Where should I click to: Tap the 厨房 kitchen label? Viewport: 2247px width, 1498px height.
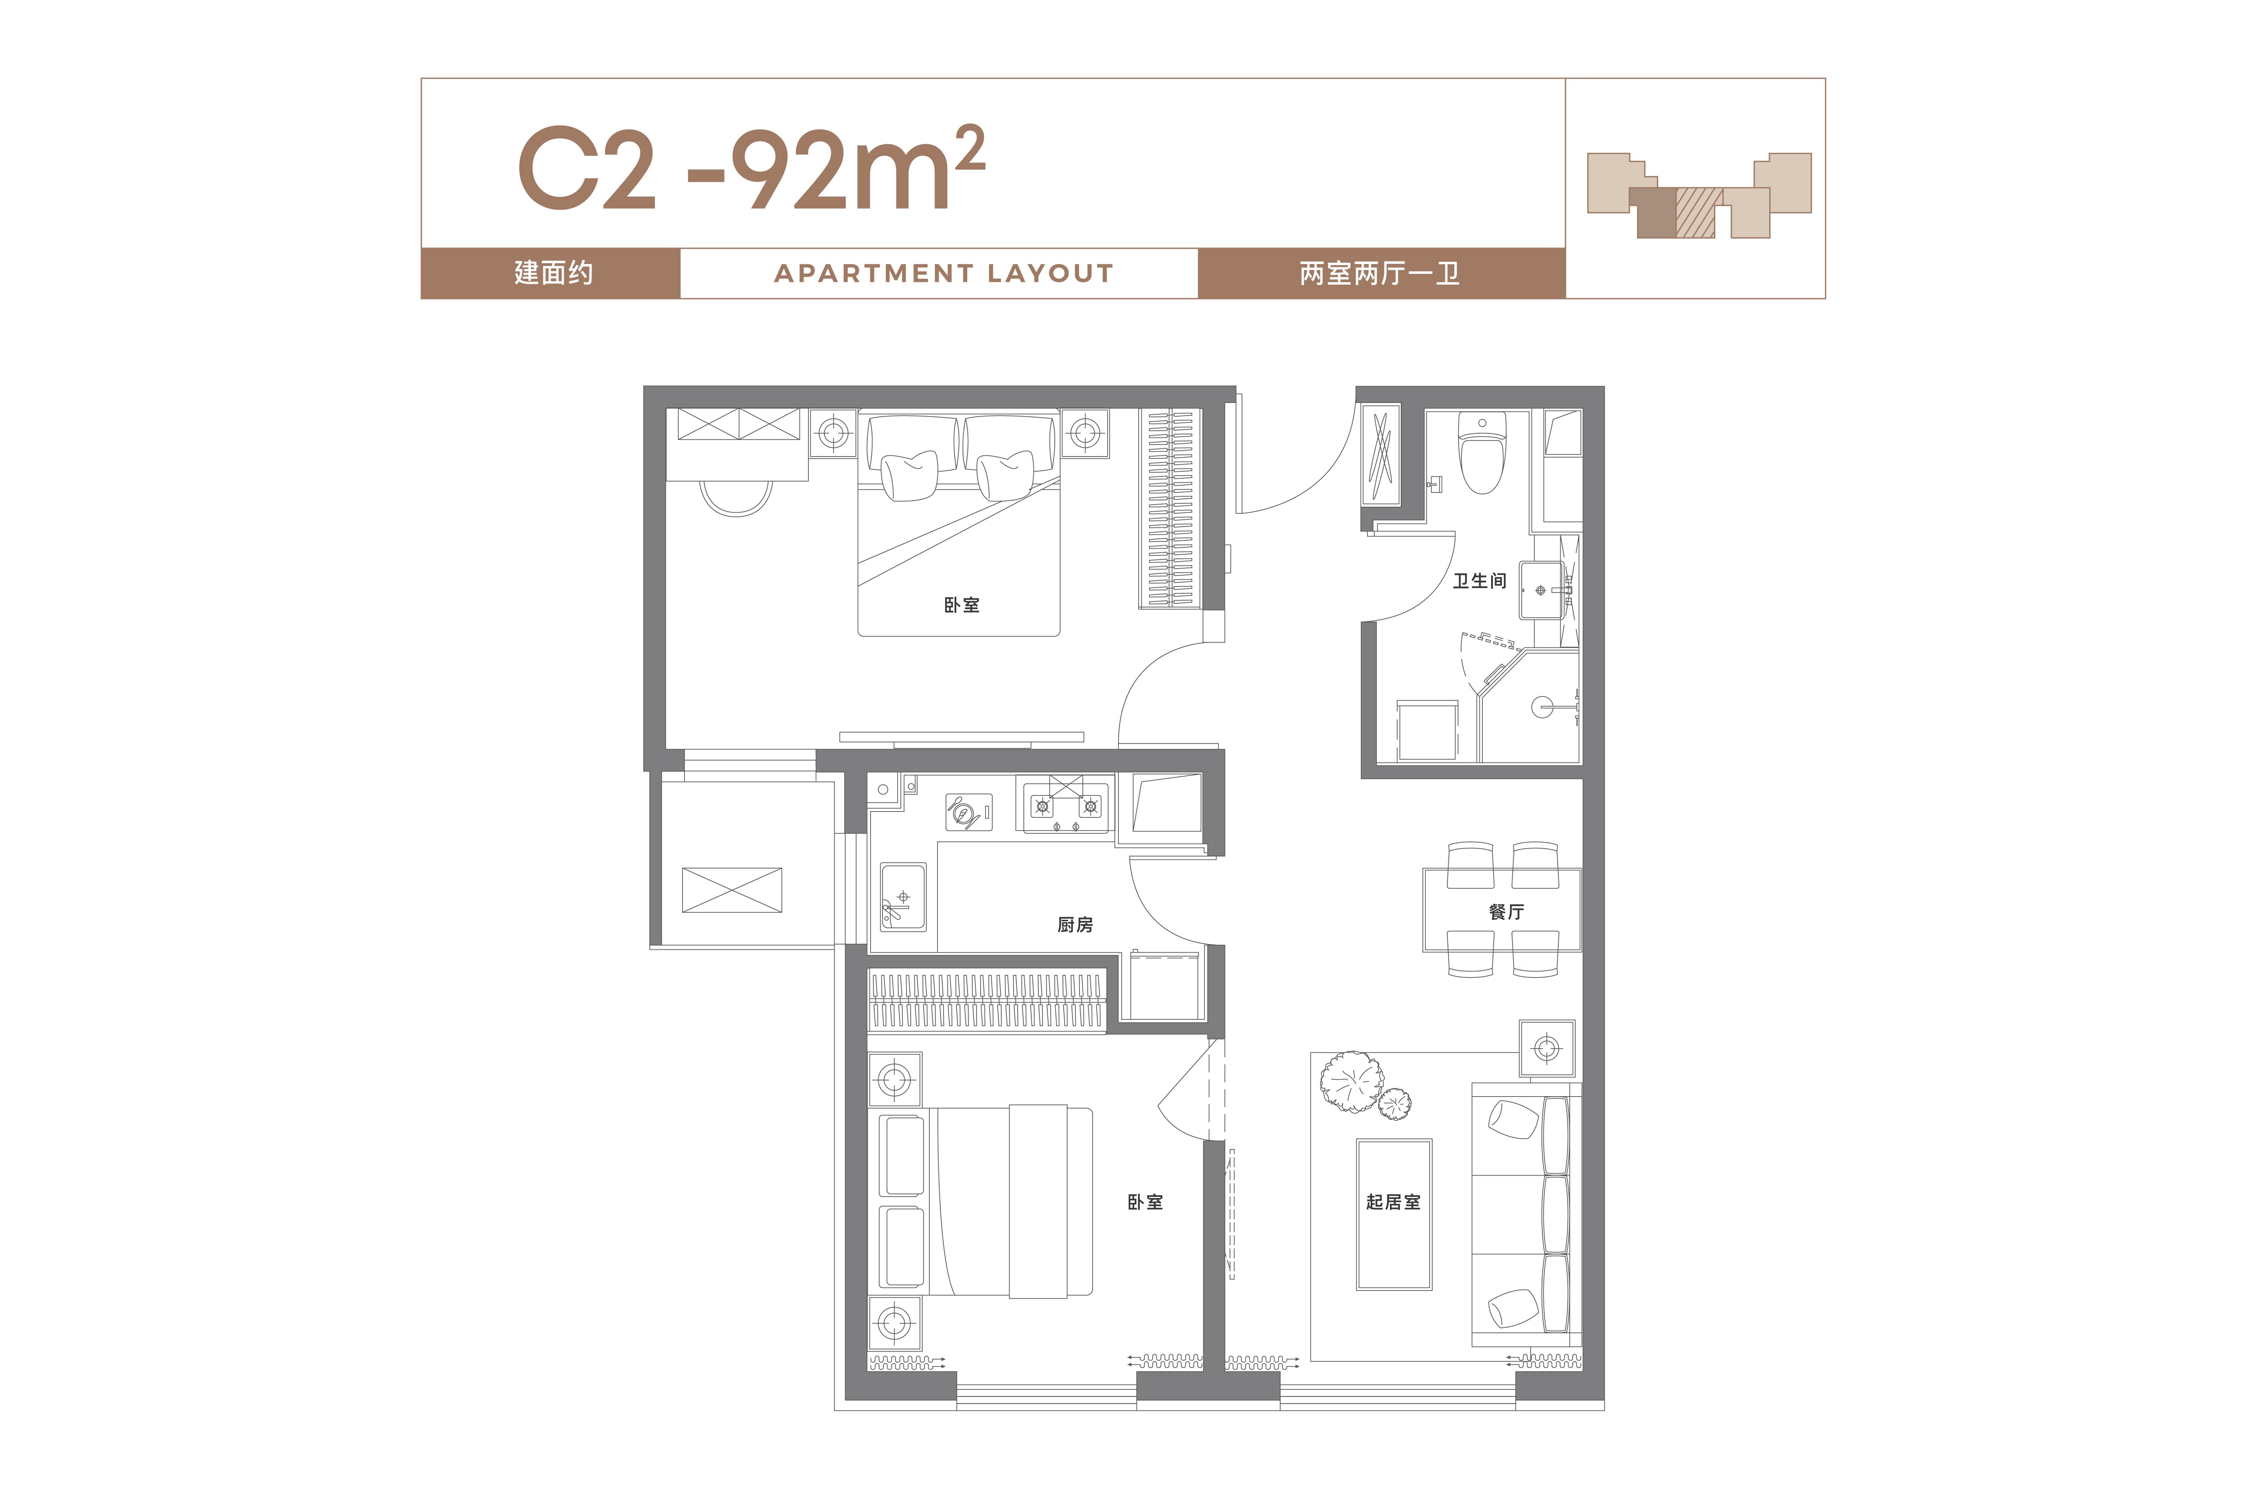[x=1075, y=925]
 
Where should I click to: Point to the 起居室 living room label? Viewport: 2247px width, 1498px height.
[x=1393, y=1202]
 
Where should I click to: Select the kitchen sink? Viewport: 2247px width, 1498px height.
[x=902, y=896]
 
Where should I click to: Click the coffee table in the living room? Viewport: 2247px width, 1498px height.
[x=1393, y=1214]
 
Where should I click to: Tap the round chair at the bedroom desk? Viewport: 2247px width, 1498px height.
[x=736, y=498]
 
